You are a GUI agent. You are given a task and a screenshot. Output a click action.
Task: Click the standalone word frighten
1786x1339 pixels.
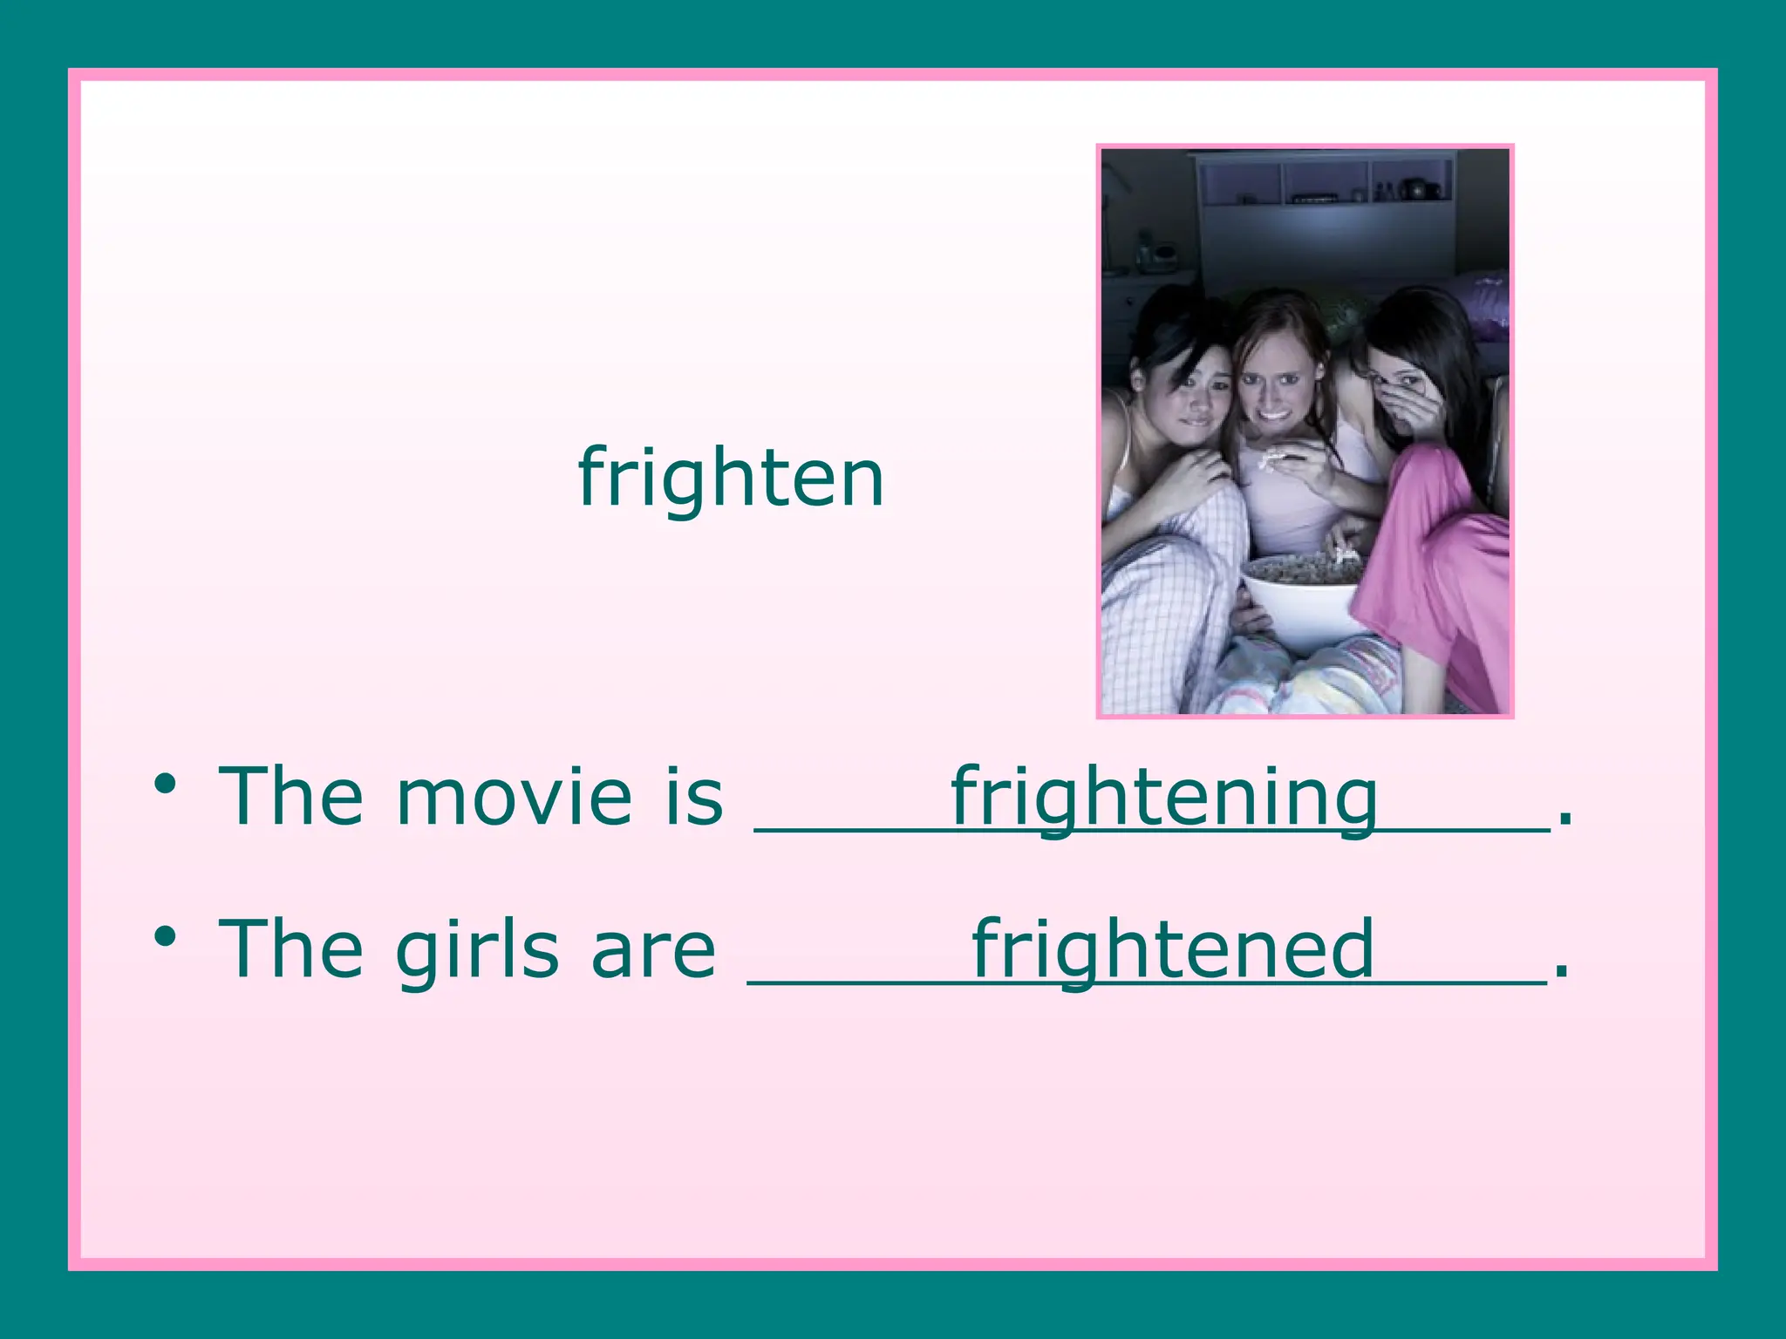coord(731,478)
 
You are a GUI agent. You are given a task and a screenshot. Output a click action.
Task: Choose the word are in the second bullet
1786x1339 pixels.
coord(653,950)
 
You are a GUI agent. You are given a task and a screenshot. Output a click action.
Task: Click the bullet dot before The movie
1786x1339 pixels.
coord(165,784)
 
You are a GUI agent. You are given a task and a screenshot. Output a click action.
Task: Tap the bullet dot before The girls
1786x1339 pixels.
coord(165,937)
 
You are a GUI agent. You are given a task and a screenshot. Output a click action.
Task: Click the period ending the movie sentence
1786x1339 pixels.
coord(1565,819)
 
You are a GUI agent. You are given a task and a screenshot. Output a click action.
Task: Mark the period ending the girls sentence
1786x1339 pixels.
coord(1561,972)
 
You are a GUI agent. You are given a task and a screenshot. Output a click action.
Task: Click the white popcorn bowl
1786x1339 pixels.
coord(1304,602)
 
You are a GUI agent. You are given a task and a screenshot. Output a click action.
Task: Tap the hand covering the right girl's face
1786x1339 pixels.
coord(1417,410)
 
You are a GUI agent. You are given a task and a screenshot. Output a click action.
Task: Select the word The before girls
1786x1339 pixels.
coord(290,950)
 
